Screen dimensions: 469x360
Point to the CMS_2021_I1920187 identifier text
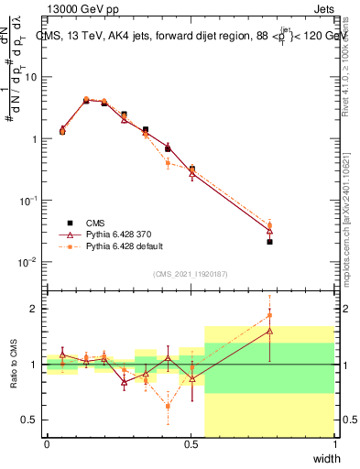[x=190, y=273]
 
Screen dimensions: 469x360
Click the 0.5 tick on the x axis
[x=191, y=444]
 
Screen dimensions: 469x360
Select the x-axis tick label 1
[x=335, y=444]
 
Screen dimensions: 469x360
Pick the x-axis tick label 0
[x=47, y=444]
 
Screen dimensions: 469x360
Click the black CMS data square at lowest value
[x=269, y=242]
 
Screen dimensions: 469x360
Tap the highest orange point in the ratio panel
[x=269, y=315]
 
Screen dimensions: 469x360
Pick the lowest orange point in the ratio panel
[x=168, y=406]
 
